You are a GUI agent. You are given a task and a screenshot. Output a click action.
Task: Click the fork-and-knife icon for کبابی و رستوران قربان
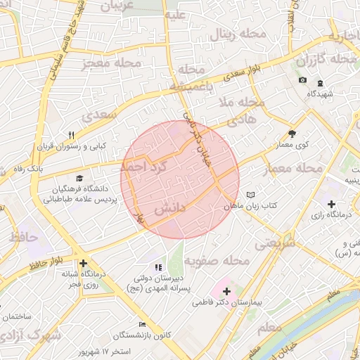[71, 135]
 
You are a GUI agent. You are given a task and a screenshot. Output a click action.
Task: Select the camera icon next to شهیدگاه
[302, 80]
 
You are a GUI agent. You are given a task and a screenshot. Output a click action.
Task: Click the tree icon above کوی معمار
[292, 134]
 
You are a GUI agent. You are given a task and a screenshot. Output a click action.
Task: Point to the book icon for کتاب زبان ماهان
[251, 195]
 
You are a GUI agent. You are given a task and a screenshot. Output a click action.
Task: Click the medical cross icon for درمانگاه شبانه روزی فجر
[83, 262]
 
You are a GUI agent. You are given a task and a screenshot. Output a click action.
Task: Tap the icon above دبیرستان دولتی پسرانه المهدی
[158, 267]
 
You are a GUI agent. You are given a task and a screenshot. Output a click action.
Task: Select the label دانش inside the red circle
[169, 209]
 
